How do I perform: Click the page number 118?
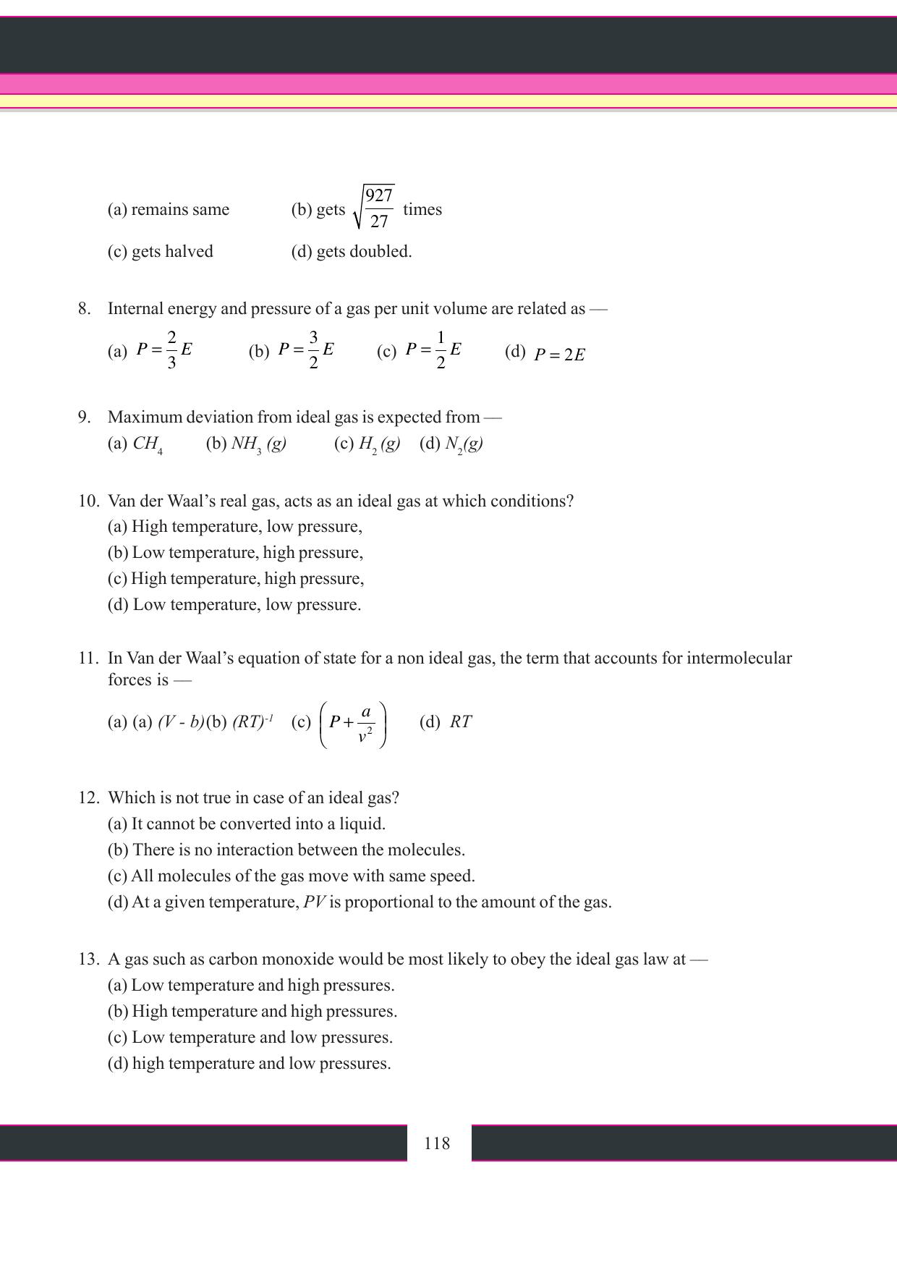[x=437, y=1143]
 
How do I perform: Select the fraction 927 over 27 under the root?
[x=379, y=208]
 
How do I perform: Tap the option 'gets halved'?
[x=172, y=252]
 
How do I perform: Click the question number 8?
[x=85, y=309]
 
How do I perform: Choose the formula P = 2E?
[x=559, y=355]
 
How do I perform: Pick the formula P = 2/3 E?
[x=164, y=350]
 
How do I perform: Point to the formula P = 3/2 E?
[x=306, y=350]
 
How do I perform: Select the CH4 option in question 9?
[x=147, y=444]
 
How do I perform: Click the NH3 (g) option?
[x=258, y=444]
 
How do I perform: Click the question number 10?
[x=88, y=501]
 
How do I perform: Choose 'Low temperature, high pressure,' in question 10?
[x=247, y=553]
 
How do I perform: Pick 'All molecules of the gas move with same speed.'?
[x=302, y=876]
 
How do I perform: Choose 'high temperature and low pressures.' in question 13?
[x=261, y=1064]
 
